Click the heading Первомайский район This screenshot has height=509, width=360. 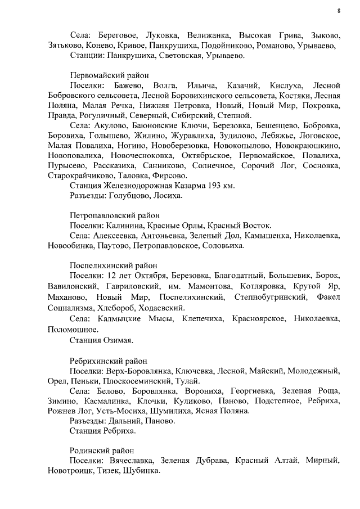(x=110, y=74)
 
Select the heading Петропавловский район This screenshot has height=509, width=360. (x=115, y=215)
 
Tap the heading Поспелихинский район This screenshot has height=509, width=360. (x=114, y=265)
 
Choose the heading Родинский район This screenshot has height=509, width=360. (x=102, y=450)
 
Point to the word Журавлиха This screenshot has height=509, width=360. (x=199, y=136)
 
